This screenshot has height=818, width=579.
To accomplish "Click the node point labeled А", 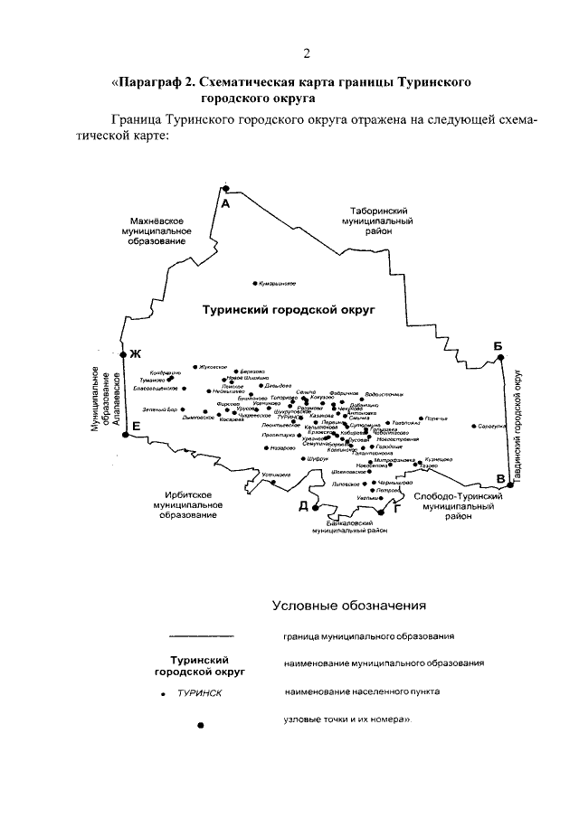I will click(x=226, y=188).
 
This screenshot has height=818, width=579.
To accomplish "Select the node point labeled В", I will click(x=510, y=485).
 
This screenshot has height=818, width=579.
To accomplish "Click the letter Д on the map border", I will click(x=304, y=505).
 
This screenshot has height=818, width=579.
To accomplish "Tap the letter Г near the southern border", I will click(x=395, y=510).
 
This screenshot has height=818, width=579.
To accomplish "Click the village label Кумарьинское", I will click(x=277, y=283).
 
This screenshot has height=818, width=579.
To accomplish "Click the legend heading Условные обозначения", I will click(x=348, y=605).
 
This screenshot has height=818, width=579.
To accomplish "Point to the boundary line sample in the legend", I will click(x=202, y=636).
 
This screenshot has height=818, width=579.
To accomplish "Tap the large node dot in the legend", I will click(x=201, y=725).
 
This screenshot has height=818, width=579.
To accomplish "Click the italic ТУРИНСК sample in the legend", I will click(x=200, y=693).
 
